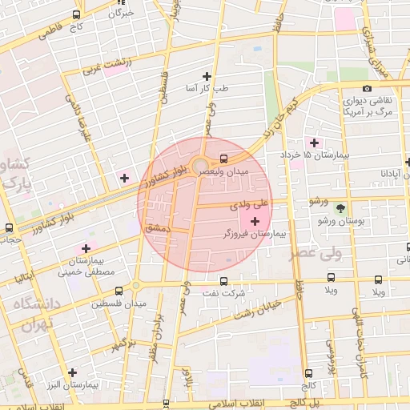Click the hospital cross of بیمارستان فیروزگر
point(255,221)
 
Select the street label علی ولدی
point(253,206)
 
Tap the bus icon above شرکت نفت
point(223,281)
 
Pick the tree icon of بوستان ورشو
point(340,207)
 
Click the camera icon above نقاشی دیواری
point(367,88)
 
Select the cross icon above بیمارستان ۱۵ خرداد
point(314,142)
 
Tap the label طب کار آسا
point(207,87)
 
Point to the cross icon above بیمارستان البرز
point(73,372)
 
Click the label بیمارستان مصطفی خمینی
point(85,267)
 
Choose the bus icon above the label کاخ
point(76,14)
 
